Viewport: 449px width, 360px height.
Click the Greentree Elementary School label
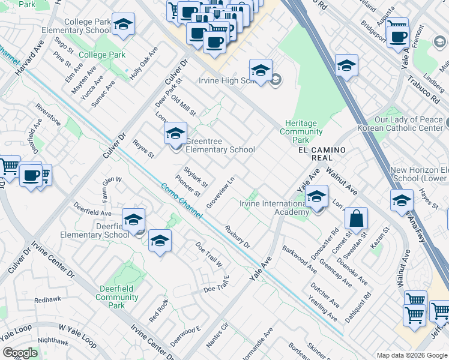pyautogui.click(x=220, y=149)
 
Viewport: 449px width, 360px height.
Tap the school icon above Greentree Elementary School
pyautogui.click(x=175, y=133)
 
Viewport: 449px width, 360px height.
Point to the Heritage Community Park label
pyautogui.click(x=301, y=131)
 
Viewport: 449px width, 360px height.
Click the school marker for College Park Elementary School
pyautogui.click(x=123, y=24)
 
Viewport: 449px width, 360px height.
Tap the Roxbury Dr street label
pyautogui.click(x=237, y=236)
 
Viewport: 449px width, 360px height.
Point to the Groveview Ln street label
pyautogui.click(x=220, y=193)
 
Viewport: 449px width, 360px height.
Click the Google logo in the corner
pyautogui.click(x=20, y=353)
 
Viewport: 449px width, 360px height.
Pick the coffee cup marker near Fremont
pyautogui.click(x=397, y=35)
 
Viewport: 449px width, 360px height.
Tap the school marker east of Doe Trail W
pyautogui.click(x=160, y=241)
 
